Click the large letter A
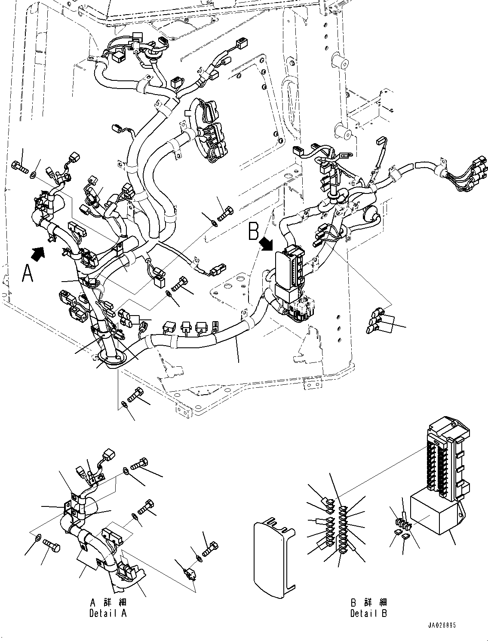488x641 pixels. point(28,273)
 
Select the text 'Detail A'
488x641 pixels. point(108,613)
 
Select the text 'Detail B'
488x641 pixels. point(368,613)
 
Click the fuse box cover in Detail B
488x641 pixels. point(272,557)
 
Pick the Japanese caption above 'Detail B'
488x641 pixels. point(368,602)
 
